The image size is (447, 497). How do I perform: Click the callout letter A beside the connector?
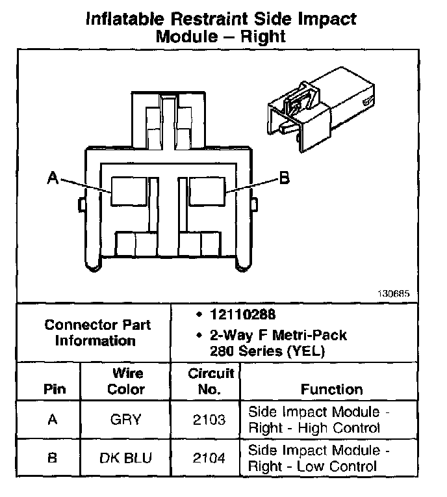pos(53,177)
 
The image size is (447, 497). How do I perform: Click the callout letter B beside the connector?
pos(283,177)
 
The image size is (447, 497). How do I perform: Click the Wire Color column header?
pos(126,382)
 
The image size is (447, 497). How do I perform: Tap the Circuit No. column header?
pos(211,382)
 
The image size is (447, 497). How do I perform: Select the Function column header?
pos(331,390)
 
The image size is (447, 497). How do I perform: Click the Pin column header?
pos(54,390)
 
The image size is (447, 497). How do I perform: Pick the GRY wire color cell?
pos(126,420)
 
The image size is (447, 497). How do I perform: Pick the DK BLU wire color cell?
pos(126,458)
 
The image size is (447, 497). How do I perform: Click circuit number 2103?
pos(210,420)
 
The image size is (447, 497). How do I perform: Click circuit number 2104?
pos(210,458)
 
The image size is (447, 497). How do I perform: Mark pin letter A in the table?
pos(53,420)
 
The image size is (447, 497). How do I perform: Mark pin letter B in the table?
pos(53,458)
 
